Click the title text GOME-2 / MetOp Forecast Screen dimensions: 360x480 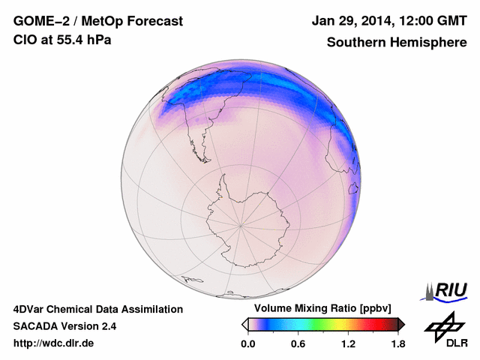97,22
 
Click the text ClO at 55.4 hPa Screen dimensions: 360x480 62,40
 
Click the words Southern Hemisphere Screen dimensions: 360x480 396,43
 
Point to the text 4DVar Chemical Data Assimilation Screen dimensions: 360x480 98,309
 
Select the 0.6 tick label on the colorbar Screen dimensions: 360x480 298,343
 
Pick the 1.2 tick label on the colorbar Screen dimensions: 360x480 347,343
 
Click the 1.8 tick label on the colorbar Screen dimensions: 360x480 397,343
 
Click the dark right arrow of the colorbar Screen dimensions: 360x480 401,324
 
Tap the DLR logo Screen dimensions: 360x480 444,331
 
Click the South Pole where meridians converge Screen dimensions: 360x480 241,224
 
